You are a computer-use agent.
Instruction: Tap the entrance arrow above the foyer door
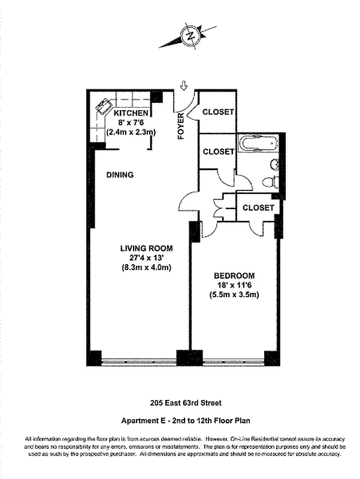(183, 87)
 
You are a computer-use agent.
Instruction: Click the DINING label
(120, 175)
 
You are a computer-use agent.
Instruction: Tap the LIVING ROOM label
(146, 248)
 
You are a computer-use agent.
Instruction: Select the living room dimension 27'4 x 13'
(146, 258)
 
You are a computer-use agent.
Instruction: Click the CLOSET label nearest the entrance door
(218, 112)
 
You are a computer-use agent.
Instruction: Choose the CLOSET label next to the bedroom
(258, 208)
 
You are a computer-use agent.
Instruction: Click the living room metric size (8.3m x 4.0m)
(146, 268)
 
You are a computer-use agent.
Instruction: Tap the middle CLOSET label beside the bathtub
(218, 151)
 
